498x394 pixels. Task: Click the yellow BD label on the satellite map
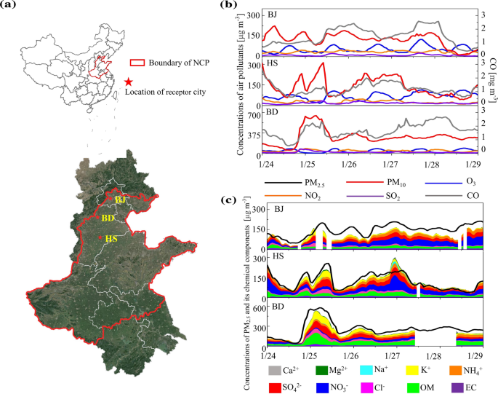pyautogui.click(x=107, y=218)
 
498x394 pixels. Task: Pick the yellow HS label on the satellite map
pyautogui.click(x=111, y=238)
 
